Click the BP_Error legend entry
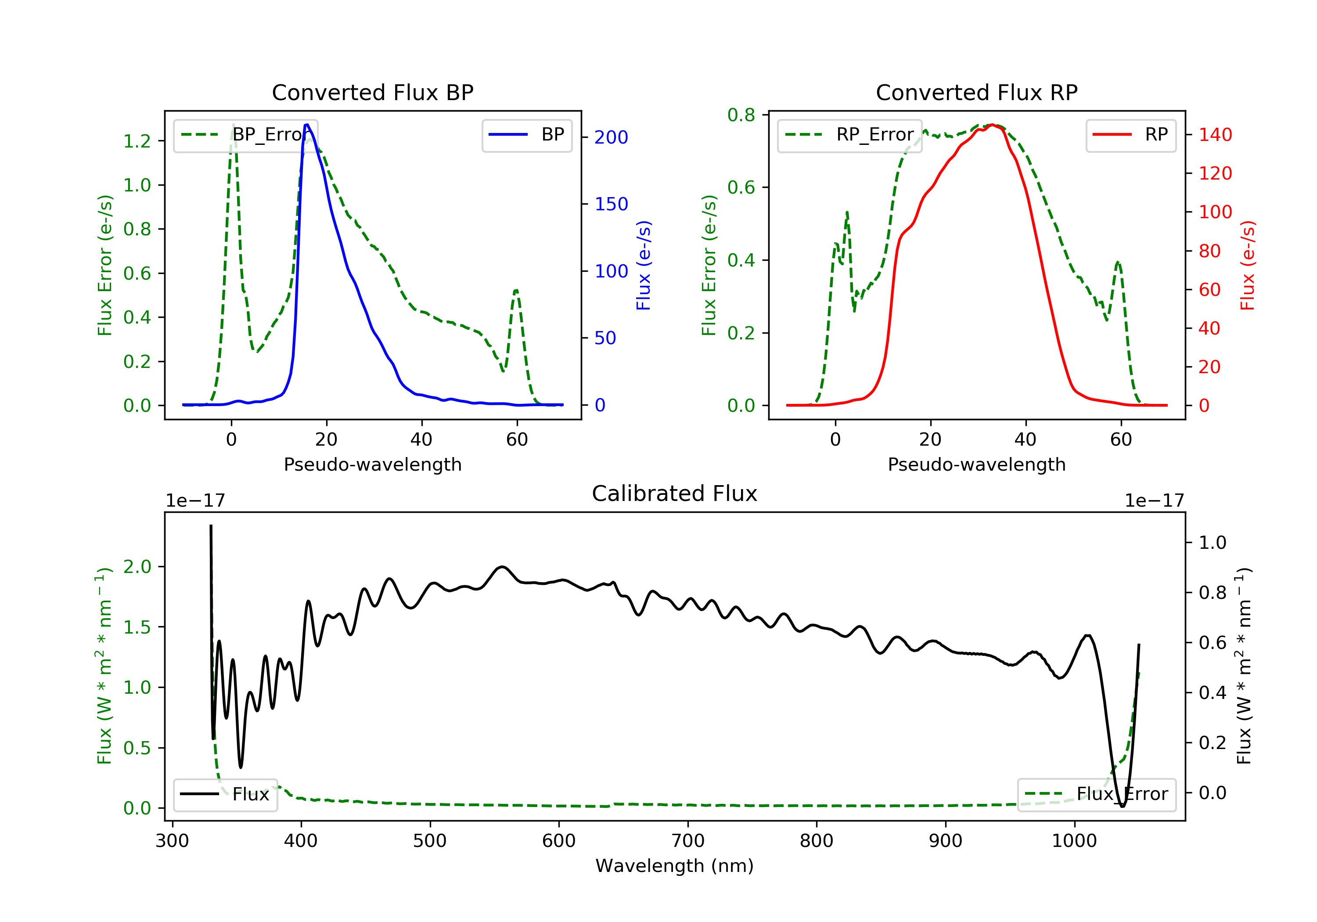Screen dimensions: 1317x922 [x=245, y=135]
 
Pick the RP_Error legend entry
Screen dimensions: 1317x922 [x=849, y=135]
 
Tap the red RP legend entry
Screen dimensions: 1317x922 [x=1130, y=135]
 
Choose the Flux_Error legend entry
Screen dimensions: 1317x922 [x=1096, y=795]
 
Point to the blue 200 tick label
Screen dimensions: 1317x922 [x=611, y=137]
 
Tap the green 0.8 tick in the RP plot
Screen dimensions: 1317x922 [x=741, y=115]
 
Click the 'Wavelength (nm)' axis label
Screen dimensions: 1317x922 [x=675, y=866]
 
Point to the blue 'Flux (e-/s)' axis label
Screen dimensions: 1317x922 [x=644, y=266]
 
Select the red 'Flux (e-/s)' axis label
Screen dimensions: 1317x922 [x=1248, y=266]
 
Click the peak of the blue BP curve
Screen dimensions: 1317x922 [x=307, y=125]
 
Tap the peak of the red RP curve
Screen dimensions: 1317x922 [x=992, y=125]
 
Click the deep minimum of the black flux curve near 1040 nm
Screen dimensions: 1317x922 [x=1123, y=806]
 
